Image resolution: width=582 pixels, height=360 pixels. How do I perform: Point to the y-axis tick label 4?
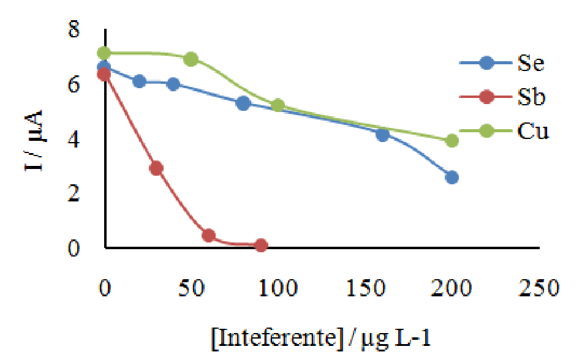tap(74, 140)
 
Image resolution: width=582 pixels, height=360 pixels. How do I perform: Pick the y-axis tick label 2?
tap(74, 194)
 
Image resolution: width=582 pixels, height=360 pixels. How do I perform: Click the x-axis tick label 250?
tap(540, 287)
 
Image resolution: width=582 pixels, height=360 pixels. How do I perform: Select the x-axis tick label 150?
tap(366, 287)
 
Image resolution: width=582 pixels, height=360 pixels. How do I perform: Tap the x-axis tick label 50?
tap(192, 287)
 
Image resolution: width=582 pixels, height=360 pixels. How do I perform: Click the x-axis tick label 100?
tap(279, 287)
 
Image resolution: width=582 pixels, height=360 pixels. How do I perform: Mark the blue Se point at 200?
tap(452, 178)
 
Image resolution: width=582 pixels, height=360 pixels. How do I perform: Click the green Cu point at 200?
tap(452, 141)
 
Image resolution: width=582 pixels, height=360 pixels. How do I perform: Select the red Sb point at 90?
tap(261, 246)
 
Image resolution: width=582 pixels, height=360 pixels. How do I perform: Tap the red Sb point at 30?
tap(156, 168)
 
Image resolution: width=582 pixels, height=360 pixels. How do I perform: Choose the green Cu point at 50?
tap(191, 59)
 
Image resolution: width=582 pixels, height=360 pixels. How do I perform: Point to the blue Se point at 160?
tap(383, 135)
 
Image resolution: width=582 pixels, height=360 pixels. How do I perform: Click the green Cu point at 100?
tap(278, 105)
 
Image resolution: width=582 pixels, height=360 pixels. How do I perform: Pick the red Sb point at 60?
tap(208, 236)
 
